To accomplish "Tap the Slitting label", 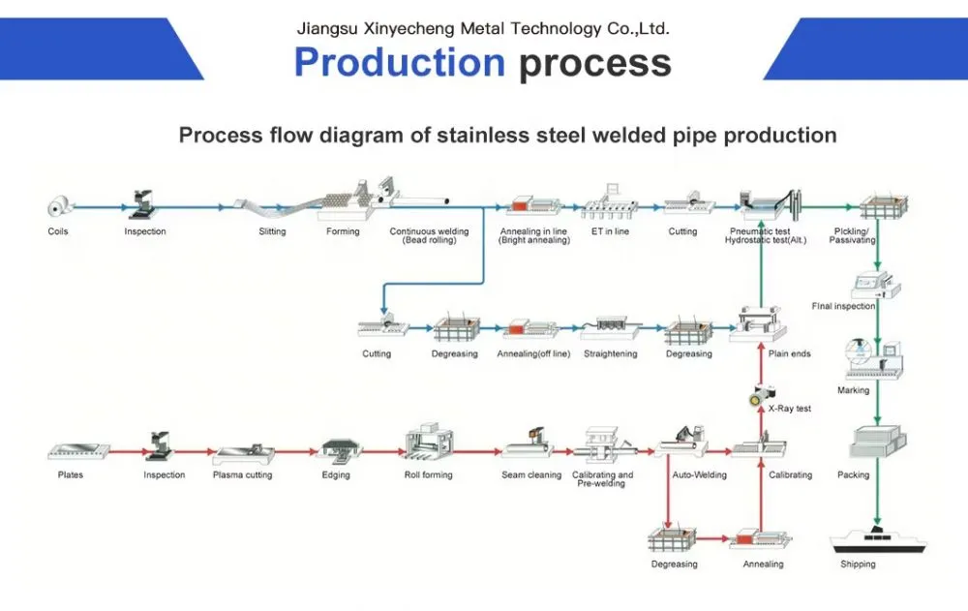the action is pyautogui.click(x=272, y=231).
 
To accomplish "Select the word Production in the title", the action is pyautogui.click(x=400, y=62).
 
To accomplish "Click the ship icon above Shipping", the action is pyautogui.click(x=878, y=540).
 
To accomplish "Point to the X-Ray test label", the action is pyautogui.click(x=790, y=409).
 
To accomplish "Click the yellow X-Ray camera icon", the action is pyautogui.click(x=762, y=395).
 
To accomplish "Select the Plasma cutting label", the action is pyautogui.click(x=243, y=475).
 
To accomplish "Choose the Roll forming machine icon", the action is pyautogui.click(x=429, y=443).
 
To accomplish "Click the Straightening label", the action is pyautogui.click(x=611, y=354).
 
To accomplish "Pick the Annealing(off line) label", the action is pyautogui.click(x=533, y=354).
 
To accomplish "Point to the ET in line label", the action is pyautogui.click(x=610, y=231).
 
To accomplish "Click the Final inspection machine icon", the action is pyautogui.click(x=875, y=285).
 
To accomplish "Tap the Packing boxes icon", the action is pyautogui.click(x=878, y=442).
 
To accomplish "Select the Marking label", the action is pyautogui.click(x=853, y=390).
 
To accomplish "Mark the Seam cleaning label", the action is pyautogui.click(x=531, y=475).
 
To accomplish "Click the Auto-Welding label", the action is pyautogui.click(x=700, y=475).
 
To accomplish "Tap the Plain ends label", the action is pyautogui.click(x=790, y=354).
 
